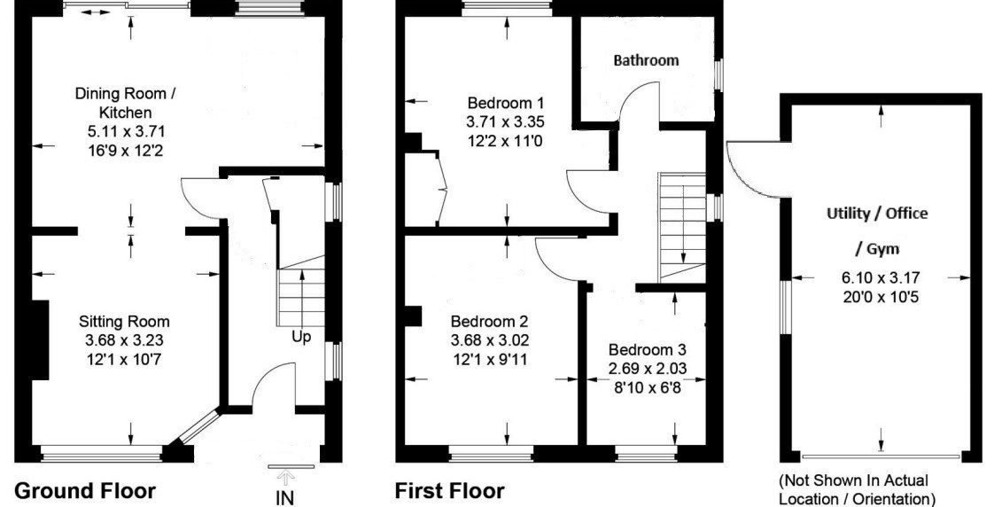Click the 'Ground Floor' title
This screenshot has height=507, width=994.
86,490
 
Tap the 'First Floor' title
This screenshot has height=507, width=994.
450,490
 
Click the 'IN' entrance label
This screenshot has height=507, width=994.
284,497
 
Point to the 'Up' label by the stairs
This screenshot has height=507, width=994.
301,337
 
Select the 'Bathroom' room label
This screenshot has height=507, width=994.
647,60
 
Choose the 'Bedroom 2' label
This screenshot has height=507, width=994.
489,321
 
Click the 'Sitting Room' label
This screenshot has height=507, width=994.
124,321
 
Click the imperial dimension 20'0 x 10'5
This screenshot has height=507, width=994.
880,296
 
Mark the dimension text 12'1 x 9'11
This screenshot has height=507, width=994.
489,356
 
